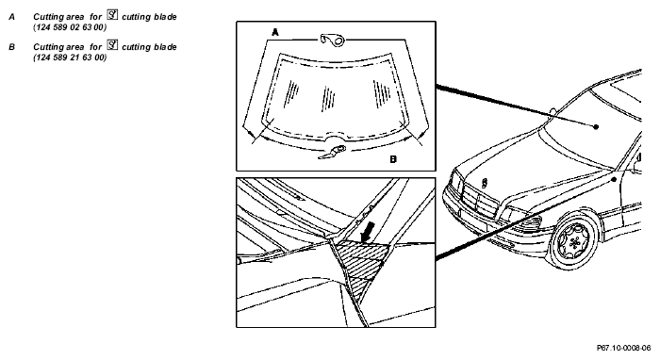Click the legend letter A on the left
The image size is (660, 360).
click(x=11, y=17)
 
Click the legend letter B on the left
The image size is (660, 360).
click(x=11, y=47)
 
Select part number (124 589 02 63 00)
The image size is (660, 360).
click(x=70, y=27)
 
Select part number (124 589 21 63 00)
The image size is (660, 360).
click(x=70, y=57)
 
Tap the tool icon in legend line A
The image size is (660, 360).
click(x=112, y=15)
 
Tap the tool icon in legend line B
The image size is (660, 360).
click(x=112, y=45)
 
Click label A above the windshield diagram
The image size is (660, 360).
click(x=275, y=32)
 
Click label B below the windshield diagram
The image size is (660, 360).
click(x=393, y=159)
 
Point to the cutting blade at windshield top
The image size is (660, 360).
click(x=333, y=40)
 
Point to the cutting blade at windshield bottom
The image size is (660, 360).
click(x=333, y=152)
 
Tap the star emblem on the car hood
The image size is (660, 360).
click(x=485, y=183)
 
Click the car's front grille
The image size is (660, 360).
click(x=475, y=200)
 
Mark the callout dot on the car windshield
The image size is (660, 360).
click(x=596, y=126)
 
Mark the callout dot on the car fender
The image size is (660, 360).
click(x=614, y=180)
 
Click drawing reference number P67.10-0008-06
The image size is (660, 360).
click(x=624, y=348)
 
